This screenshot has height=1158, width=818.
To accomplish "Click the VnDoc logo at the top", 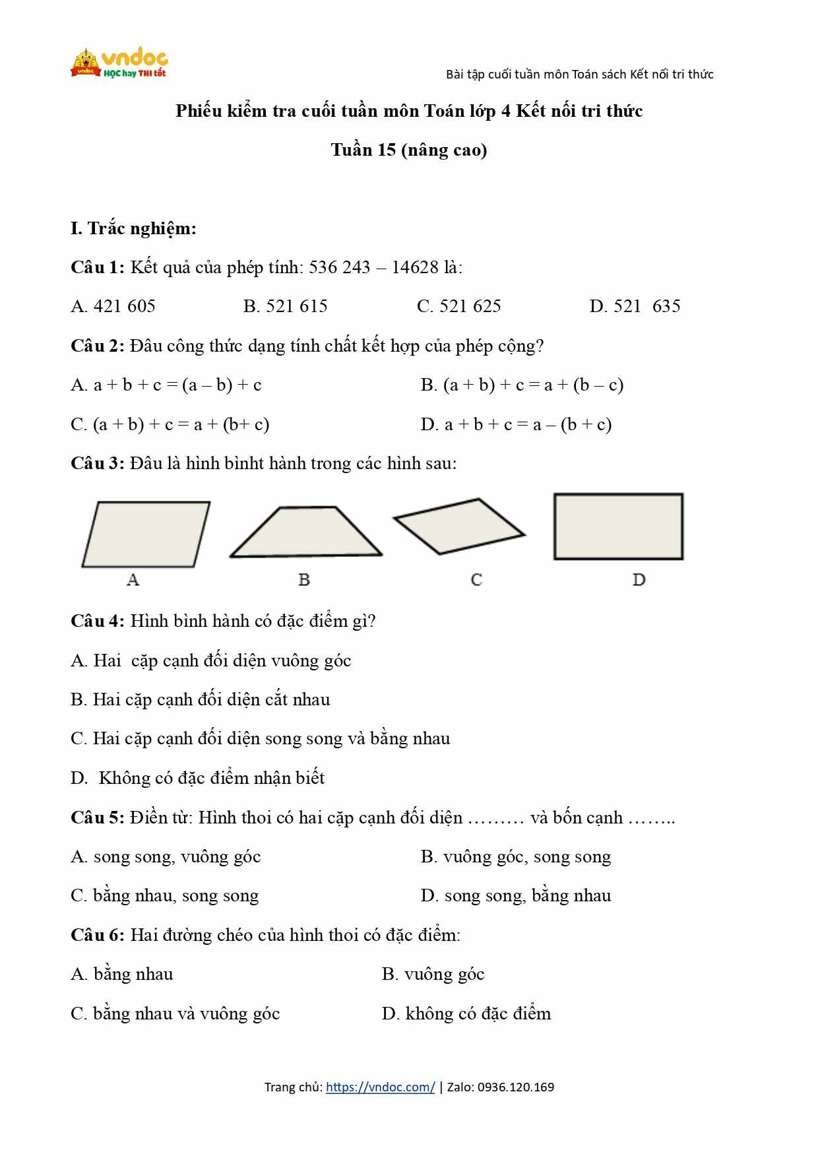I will click(x=119, y=63).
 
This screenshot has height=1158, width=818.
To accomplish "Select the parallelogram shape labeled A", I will click(x=146, y=534).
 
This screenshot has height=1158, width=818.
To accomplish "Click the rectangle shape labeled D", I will click(x=618, y=527).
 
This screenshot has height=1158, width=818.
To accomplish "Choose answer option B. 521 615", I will click(x=285, y=306).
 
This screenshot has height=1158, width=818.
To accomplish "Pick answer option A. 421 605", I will click(x=113, y=306).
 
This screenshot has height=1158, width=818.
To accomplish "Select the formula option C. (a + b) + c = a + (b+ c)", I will click(x=170, y=424).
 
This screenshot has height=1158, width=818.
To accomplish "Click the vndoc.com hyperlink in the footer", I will click(x=380, y=1087).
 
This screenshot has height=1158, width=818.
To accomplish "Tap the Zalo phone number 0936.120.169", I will click(x=516, y=1087).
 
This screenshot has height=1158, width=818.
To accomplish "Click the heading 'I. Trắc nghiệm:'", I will click(x=133, y=228).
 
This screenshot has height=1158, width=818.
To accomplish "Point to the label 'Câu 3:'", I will click(x=97, y=463).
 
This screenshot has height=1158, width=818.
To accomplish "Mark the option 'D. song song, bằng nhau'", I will click(x=516, y=896).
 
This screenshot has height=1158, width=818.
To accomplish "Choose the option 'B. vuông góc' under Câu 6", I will click(x=433, y=975).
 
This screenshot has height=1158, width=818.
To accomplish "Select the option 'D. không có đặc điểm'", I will click(x=466, y=1013).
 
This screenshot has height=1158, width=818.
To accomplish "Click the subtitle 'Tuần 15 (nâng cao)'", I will click(x=409, y=150).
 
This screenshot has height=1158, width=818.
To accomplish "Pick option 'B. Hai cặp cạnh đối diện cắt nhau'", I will click(x=200, y=699).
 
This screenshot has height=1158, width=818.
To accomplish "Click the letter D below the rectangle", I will click(x=639, y=579).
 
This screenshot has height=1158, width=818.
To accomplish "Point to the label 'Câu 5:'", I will click(x=97, y=818).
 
